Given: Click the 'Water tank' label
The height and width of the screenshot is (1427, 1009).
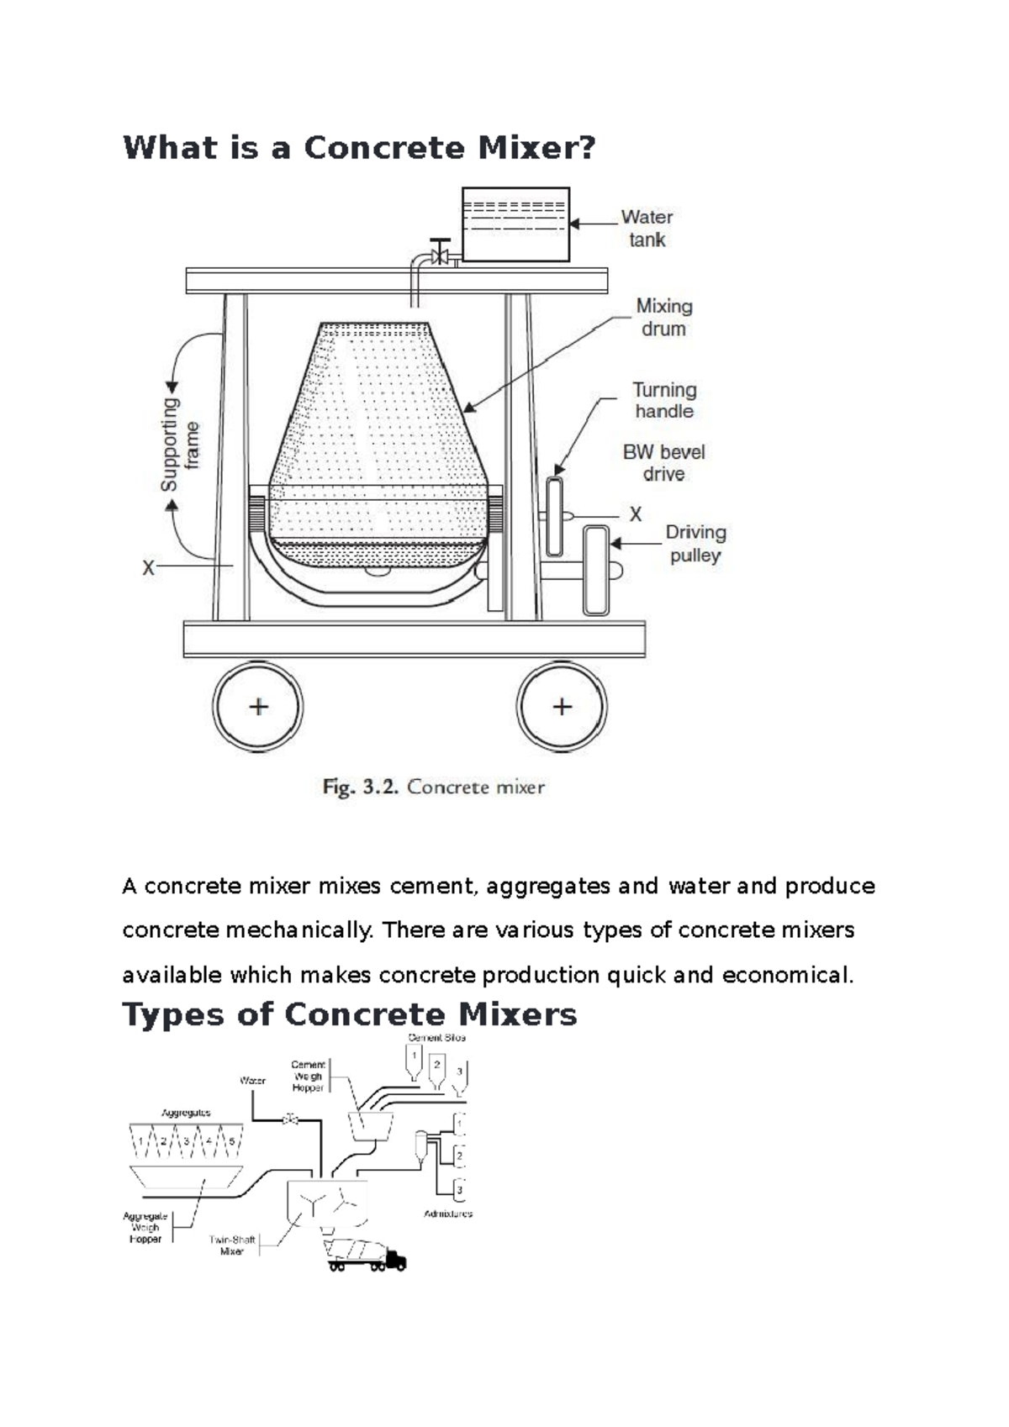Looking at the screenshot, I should click(647, 229).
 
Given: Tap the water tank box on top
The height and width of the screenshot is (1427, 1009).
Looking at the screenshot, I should click(515, 224).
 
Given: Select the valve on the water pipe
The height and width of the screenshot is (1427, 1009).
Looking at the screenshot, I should click(439, 253).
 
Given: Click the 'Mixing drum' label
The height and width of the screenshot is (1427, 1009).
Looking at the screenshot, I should click(664, 318).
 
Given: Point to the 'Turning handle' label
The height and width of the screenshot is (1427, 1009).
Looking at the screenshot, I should click(664, 401).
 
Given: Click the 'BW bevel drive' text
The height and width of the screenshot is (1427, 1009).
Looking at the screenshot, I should click(663, 463).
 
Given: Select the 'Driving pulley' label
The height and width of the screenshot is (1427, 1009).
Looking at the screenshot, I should click(695, 544).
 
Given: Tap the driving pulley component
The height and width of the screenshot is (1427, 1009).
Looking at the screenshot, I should click(596, 571).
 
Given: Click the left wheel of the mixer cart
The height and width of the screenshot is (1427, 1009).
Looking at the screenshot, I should click(258, 707).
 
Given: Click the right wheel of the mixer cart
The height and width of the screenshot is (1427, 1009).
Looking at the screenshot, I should click(562, 707).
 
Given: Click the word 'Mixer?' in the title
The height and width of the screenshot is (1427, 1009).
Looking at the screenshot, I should click(536, 148).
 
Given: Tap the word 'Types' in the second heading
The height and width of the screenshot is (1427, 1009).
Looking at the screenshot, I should click(174, 1014).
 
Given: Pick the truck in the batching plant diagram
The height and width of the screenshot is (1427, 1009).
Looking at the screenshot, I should click(367, 1255).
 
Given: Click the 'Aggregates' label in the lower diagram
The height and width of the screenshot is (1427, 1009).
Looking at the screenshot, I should click(186, 1113).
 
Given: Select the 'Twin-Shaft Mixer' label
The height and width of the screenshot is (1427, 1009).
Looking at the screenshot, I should click(232, 1245).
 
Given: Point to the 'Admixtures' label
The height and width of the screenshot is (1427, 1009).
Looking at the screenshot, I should click(448, 1214).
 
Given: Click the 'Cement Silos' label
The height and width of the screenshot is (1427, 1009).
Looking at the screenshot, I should click(436, 1038).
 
